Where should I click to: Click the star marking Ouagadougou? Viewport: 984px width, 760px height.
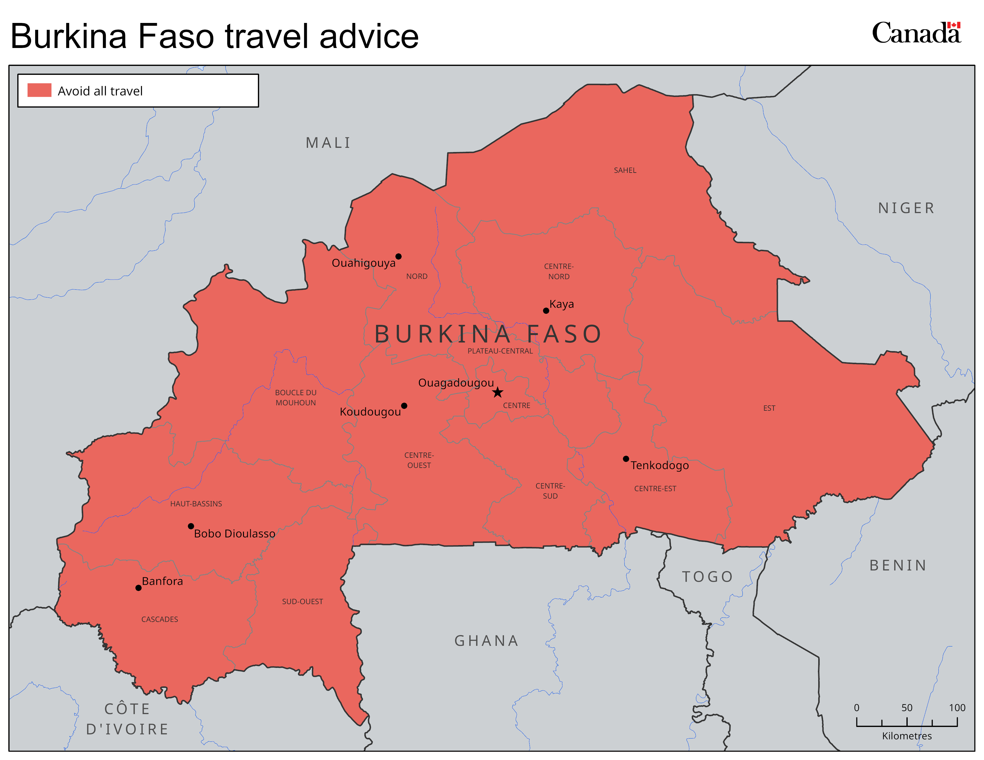(x=497, y=392)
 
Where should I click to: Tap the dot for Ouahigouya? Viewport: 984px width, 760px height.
(x=398, y=257)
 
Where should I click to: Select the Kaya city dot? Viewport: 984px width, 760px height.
(x=546, y=311)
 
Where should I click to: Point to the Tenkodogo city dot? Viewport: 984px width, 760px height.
(x=626, y=459)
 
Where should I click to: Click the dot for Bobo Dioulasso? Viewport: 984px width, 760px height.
(x=191, y=526)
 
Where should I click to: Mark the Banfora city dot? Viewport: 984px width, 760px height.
(x=138, y=588)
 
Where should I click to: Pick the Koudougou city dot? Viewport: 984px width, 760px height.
(x=404, y=406)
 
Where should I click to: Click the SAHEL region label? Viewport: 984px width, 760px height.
(x=625, y=170)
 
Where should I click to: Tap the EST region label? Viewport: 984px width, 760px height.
(x=769, y=408)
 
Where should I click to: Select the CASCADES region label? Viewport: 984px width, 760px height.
(x=160, y=620)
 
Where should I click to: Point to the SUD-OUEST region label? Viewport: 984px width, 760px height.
(x=302, y=601)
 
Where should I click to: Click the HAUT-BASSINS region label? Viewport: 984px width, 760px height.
(x=196, y=504)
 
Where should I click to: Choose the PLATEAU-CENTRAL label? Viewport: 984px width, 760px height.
(x=500, y=351)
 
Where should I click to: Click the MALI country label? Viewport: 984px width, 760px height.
(x=328, y=143)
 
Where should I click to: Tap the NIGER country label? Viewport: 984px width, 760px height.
(x=906, y=208)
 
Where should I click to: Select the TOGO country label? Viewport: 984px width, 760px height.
(x=707, y=576)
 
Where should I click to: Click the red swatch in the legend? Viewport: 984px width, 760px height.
(x=39, y=90)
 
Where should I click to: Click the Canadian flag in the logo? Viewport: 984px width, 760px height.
(x=954, y=25)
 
